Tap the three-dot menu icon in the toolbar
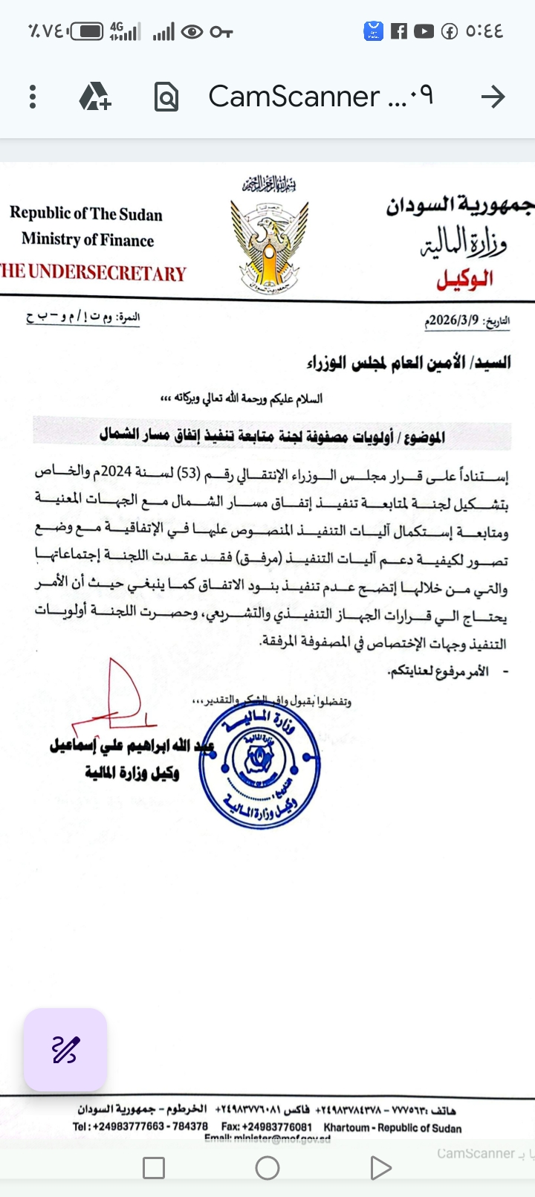(x=33, y=97)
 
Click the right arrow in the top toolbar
(x=493, y=97)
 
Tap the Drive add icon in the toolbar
(x=95, y=97)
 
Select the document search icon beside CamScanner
(x=166, y=97)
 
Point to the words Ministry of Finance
(x=88, y=239)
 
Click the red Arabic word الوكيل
(x=464, y=280)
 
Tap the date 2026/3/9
(x=453, y=320)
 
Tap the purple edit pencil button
(x=65, y=1050)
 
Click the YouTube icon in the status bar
(x=424, y=31)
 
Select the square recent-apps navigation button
(x=154, y=1168)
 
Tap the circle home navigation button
(x=267, y=1168)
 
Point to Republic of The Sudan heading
(x=86, y=214)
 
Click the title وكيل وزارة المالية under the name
(x=132, y=773)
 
